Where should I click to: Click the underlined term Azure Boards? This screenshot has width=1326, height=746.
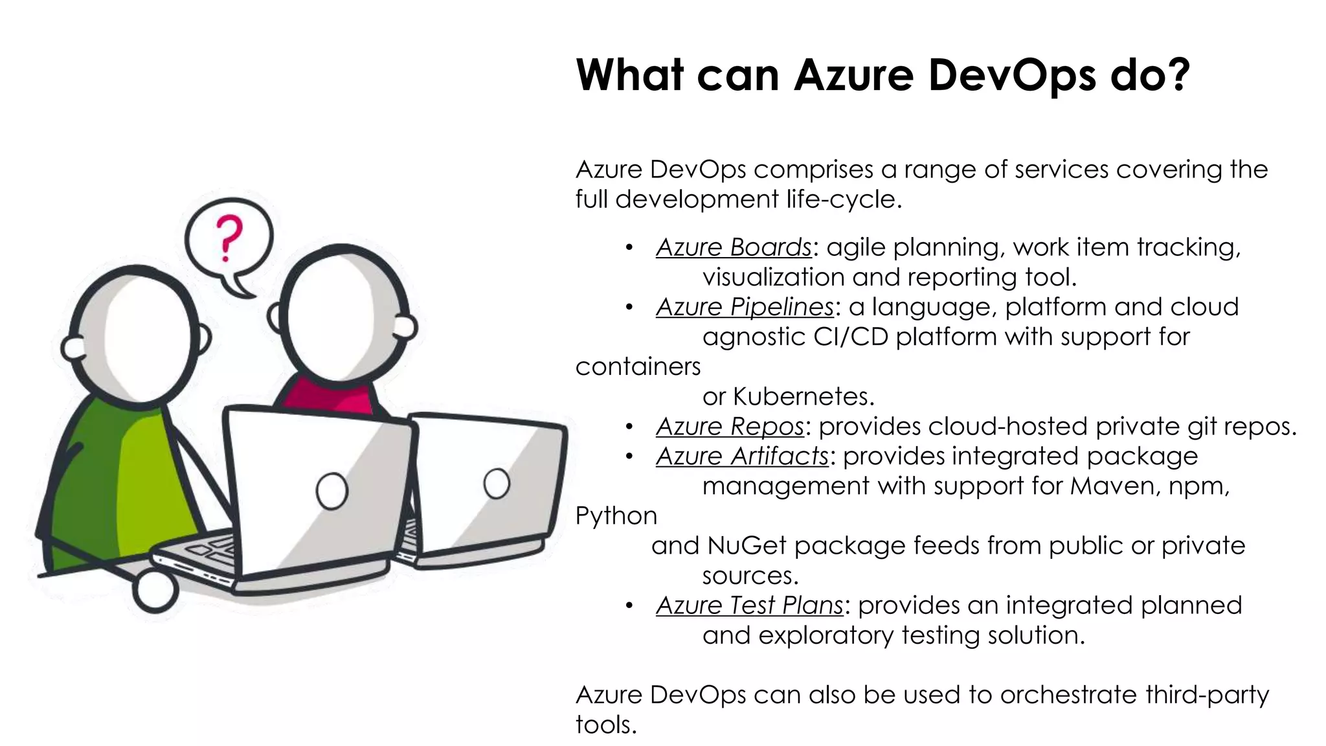pyautogui.click(x=733, y=247)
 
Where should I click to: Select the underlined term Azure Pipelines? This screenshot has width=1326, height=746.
pyautogui.click(x=745, y=307)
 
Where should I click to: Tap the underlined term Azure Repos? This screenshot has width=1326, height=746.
pyautogui.click(x=729, y=426)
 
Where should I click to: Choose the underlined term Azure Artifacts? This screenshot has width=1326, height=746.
pyautogui.click(x=742, y=457)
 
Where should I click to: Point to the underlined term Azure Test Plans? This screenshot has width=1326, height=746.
pyautogui.click(x=749, y=605)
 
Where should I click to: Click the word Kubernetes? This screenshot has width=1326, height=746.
pyautogui.click(x=803, y=396)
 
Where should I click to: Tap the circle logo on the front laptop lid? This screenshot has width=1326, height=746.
pyautogui.click(x=331, y=490)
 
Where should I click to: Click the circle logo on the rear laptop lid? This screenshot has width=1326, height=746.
pyautogui.click(x=496, y=483)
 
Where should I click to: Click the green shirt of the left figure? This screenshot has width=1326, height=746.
pyautogui.click(x=110, y=479)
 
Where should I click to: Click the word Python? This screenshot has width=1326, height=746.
pyautogui.click(x=616, y=516)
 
